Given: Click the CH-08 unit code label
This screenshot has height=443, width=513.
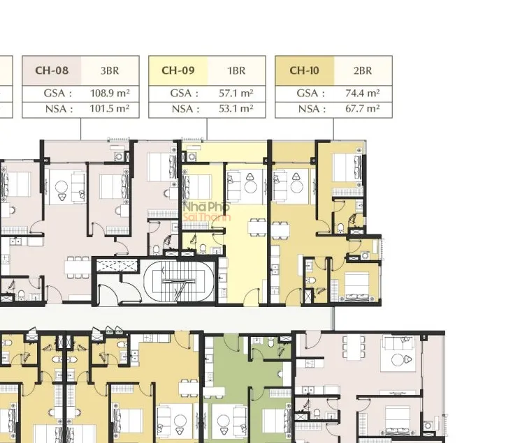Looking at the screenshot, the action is click(x=52, y=70).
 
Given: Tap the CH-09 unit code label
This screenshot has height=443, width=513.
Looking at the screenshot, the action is click(x=178, y=70).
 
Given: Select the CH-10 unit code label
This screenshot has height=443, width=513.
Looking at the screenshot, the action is click(x=304, y=70).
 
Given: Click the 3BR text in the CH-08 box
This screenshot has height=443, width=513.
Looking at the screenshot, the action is click(x=110, y=71).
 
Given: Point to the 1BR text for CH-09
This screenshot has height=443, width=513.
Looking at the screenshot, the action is click(x=236, y=71).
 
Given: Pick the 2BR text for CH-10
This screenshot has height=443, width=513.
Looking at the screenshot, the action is click(x=363, y=71).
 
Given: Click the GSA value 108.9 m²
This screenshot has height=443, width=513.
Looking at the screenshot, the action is click(x=110, y=93).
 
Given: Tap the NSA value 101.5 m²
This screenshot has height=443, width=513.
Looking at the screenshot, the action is click(x=110, y=108).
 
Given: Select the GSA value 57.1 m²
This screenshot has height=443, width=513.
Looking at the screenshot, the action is click(x=236, y=93).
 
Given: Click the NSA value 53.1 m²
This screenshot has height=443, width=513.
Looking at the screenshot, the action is click(x=236, y=108).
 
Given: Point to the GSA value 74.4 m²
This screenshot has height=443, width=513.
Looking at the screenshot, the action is click(x=363, y=93).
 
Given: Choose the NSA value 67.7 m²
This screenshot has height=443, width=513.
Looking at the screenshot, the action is click(x=363, y=108).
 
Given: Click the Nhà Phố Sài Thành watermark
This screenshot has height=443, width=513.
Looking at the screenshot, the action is click(x=207, y=211).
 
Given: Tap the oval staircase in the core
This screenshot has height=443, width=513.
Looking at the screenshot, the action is click(x=179, y=281).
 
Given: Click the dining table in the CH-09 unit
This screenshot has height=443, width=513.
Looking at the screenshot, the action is click(x=257, y=227).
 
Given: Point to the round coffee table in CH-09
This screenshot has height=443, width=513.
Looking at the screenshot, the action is click(x=251, y=187).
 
